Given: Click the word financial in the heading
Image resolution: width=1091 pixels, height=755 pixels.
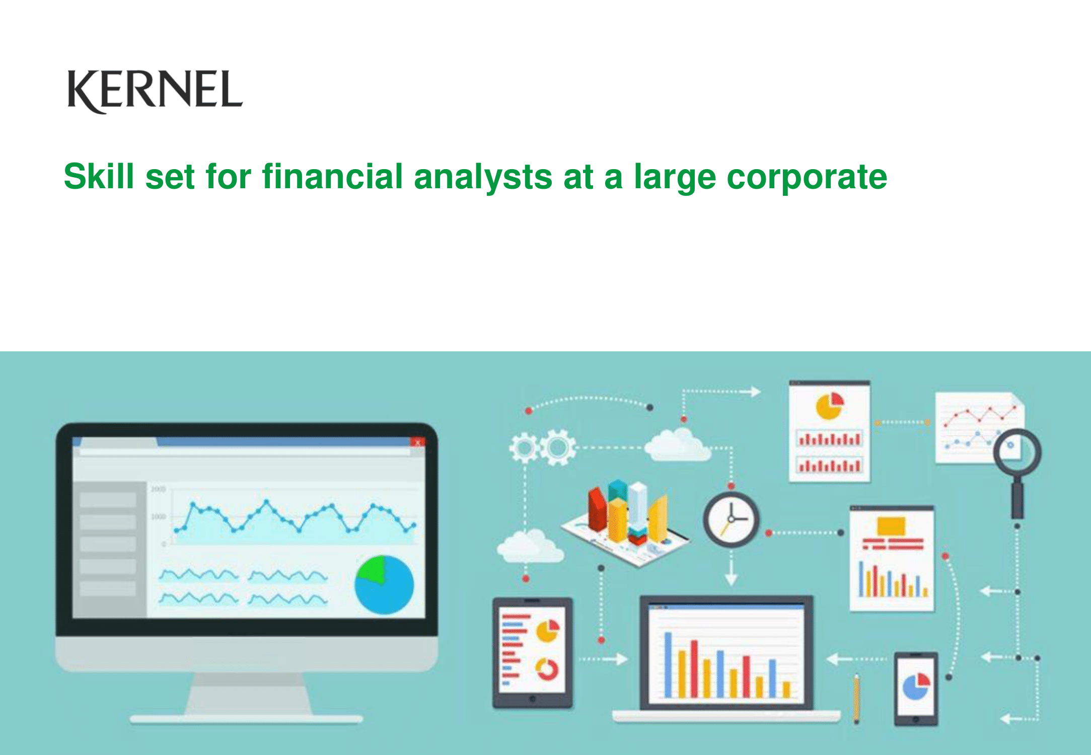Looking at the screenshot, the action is tap(332, 177).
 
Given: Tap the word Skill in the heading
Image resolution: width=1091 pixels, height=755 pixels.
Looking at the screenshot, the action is tap(99, 177).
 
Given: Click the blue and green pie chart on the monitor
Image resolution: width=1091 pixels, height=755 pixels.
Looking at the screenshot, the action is tap(384, 584).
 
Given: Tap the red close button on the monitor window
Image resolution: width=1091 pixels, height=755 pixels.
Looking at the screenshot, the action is tap(417, 442).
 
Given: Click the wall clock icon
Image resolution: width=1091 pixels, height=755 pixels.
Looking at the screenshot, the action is tap(731, 519).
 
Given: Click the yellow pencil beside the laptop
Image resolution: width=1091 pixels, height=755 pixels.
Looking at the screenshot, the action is tap(856, 699).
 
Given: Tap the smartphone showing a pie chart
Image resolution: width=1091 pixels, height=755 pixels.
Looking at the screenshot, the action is tap(916, 689).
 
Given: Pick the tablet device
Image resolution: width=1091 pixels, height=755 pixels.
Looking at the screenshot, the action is tap(532, 653).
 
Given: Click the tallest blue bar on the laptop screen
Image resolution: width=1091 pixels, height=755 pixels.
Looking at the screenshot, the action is tap(668, 665).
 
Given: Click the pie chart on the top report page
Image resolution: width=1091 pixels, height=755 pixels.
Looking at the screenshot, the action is tap(829, 406).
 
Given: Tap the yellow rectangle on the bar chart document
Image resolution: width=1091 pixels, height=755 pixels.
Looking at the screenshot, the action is tap(891, 526).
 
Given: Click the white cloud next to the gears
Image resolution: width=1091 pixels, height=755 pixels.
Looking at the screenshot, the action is tap(678, 445).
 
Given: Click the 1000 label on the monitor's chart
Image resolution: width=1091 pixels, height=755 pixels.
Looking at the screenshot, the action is tap(158, 517).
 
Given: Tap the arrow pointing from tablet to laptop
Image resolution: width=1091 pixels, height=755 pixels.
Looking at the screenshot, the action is tap(604, 658).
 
